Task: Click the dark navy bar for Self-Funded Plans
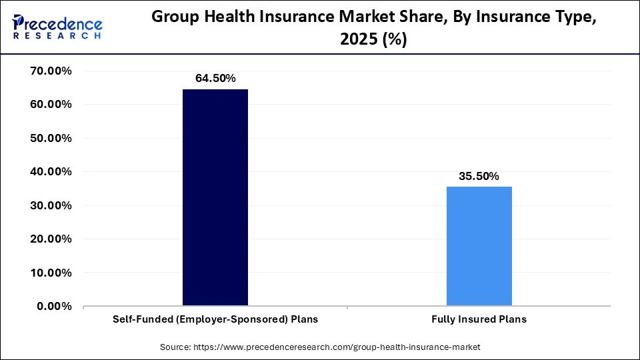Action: click(x=215, y=197)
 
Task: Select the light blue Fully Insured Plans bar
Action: click(x=479, y=246)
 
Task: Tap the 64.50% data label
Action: click(x=215, y=78)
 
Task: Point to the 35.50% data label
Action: click(x=479, y=176)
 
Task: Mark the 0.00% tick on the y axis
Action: click(x=55, y=306)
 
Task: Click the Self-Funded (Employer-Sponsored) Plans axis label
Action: click(x=215, y=319)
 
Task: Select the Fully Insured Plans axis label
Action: click(x=479, y=319)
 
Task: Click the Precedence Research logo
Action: click(x=57, y=27)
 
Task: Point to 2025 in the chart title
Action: click(x=359, y=40)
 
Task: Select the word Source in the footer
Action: click(x=175, y=347)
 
